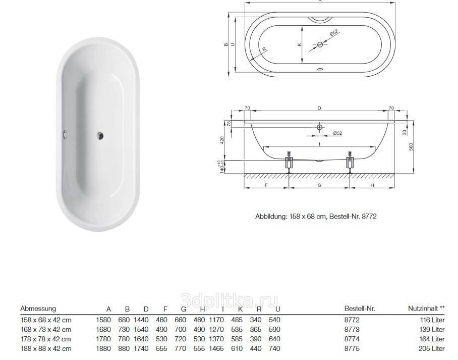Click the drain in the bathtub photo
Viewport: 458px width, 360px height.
tap(100, 135)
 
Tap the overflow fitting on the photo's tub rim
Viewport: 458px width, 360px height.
tap(64, 134)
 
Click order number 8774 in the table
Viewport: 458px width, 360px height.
tap(352, 339)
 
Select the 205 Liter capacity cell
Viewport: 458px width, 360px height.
tap(431, 348)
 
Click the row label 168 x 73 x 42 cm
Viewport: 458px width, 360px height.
tap(46, 329)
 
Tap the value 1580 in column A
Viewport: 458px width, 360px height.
tap(103, 320)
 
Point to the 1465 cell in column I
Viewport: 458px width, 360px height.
tap(216, 348)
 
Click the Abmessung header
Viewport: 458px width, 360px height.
tap(38, 308)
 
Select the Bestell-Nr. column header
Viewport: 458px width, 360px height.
tap(360, 308)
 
